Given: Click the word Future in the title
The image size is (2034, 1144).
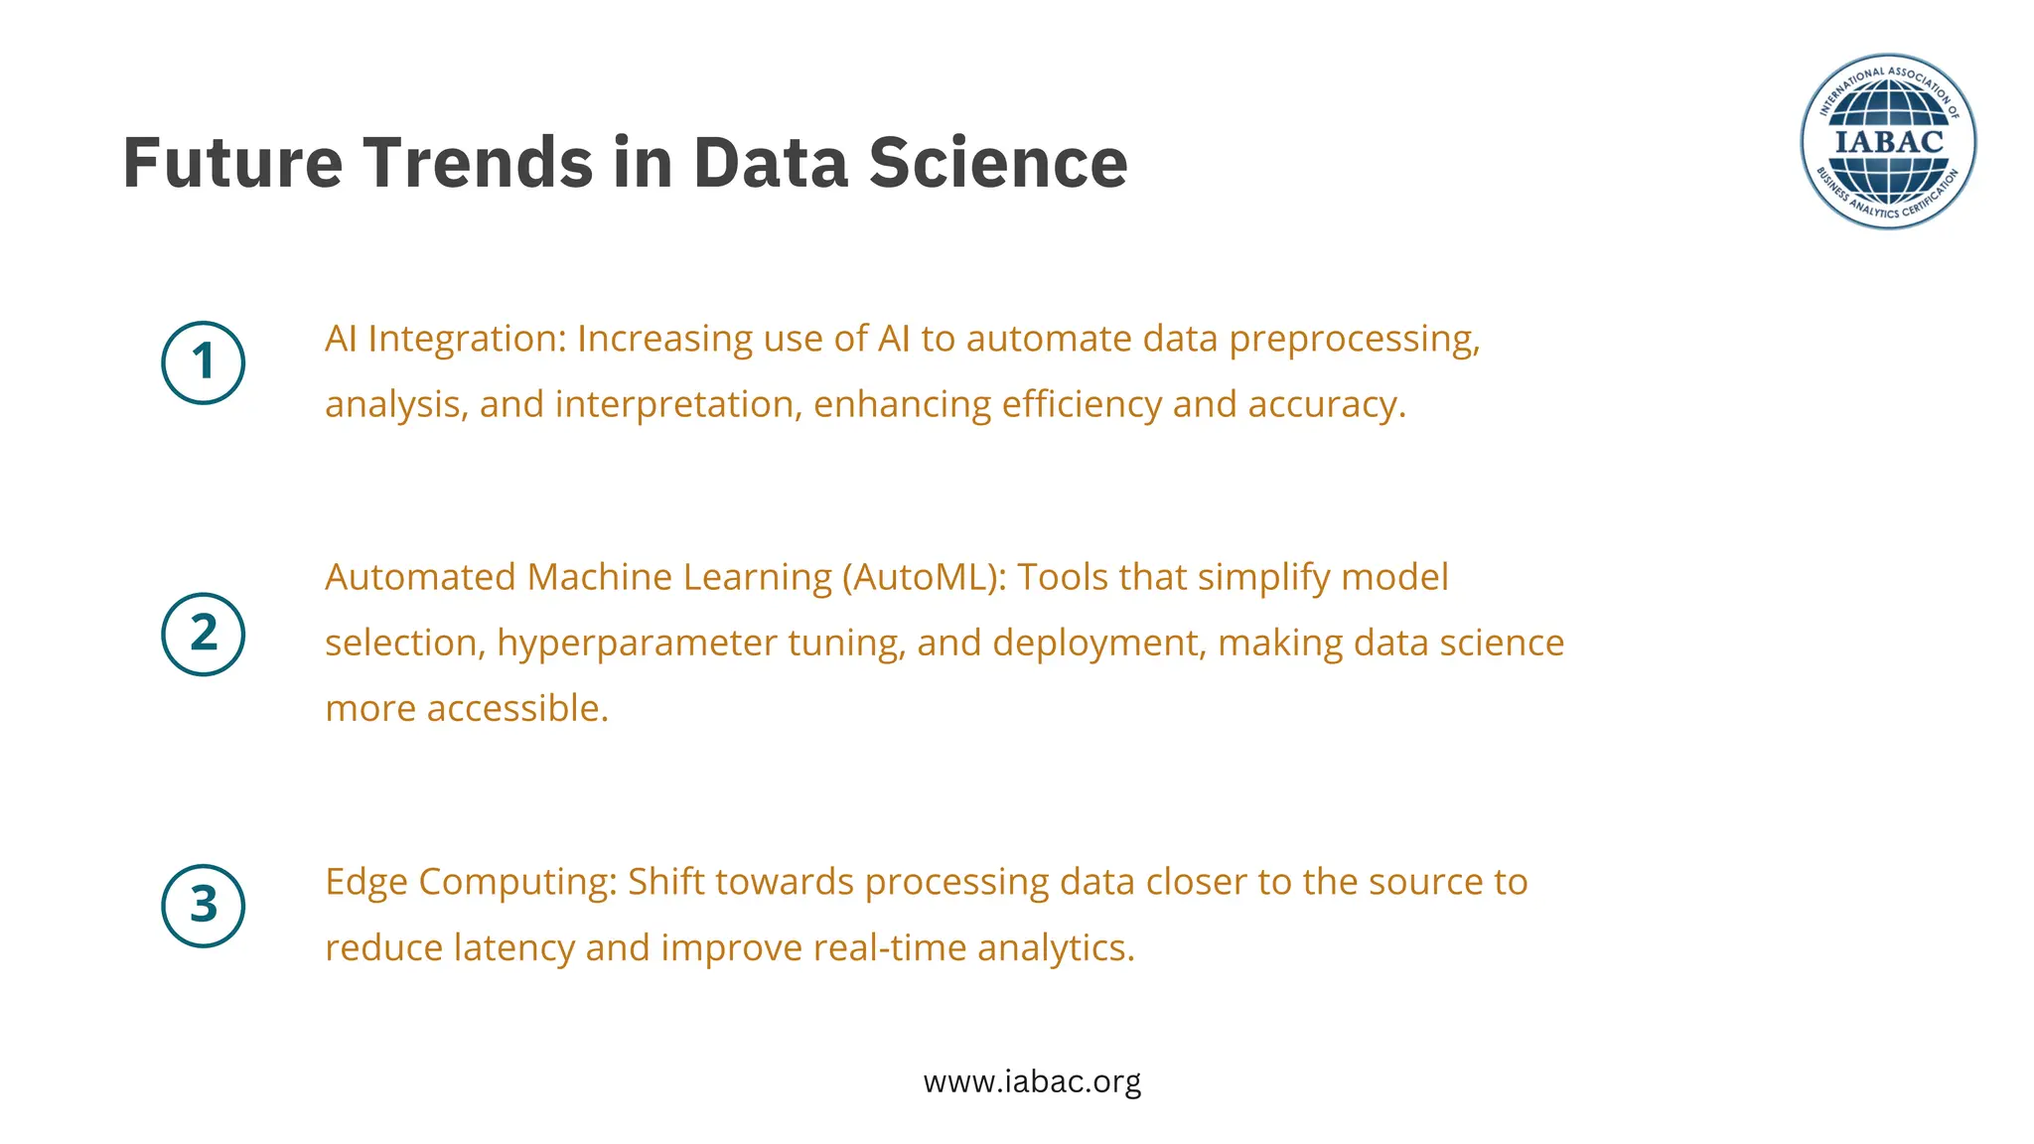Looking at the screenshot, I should [x=232, y=163].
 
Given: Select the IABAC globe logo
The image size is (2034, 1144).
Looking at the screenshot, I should [x=1887, y=142].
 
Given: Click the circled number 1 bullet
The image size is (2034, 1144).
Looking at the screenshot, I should [x=203, y=362].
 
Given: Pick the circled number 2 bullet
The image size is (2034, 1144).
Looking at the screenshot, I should [x=203, y=635].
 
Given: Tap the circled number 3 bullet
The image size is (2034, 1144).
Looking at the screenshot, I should [x=203, y=906].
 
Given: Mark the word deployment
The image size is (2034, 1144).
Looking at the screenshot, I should [x=1098, y=643].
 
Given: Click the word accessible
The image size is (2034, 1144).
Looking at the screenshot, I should [x=516, y=709].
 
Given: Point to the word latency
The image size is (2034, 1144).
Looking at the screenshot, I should [x=513, y=947].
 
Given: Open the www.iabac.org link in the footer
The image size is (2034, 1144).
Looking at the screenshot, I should [x=1032, y=1080].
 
